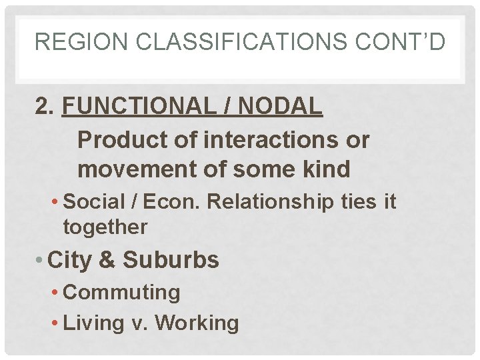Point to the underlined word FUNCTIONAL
[145, 106]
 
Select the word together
[105, 227]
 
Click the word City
[71, 260]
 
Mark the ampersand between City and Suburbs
[107, 260]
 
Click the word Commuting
[121, 292]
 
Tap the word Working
[197, 323]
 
